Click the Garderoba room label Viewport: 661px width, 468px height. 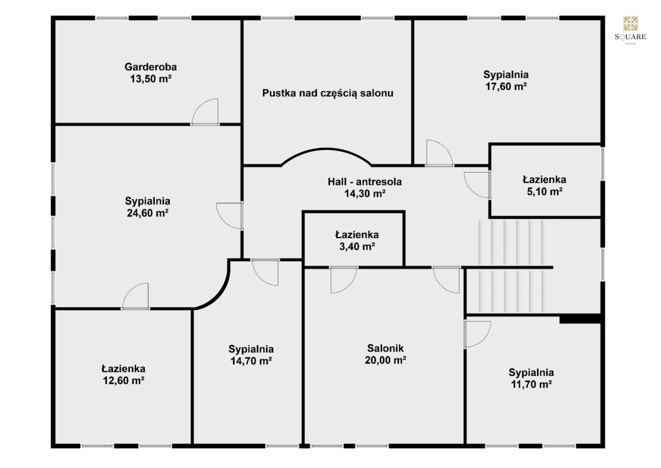coord(150,67)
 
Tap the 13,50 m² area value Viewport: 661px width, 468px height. coord(151,79)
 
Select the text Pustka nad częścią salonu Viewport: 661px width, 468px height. coord(328,93)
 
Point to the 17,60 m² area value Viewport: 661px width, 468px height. coord(506,87)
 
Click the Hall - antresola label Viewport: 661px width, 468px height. coord(365,181)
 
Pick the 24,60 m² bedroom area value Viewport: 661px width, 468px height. coord(148,213)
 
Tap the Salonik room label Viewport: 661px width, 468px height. coord(386,348)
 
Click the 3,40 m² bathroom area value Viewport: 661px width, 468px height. coord(357,246)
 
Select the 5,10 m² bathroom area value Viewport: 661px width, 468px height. coord(544,192)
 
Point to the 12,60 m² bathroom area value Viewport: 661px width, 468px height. coord(123,380)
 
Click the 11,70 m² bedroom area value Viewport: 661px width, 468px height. coord(532,384)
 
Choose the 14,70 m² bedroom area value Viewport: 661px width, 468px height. coord(251,361)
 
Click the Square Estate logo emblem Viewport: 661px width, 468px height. coord(630,24)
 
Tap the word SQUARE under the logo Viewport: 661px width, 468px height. coord(630,37)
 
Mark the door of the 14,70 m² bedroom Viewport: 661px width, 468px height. coord(265,272)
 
